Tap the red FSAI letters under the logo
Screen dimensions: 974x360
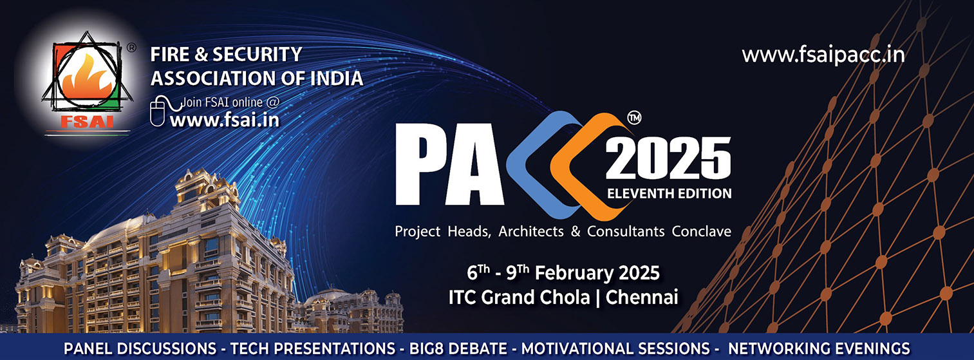(x=87, y=122)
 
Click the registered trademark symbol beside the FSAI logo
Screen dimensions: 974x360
(x=131, y=48)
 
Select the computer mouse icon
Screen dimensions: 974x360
(x=157, y=111)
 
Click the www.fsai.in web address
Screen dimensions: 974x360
(x=225, y=120)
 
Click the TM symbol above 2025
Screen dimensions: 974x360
(x=634, y=117)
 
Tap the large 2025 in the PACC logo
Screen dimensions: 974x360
(x=668, y=158)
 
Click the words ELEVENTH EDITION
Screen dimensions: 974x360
(x=670, y=193)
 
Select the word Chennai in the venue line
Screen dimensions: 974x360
(x=642, y=298)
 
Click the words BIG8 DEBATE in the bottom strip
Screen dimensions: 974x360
(x=458, y=348)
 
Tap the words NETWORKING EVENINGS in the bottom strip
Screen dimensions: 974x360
(x=819, y=348)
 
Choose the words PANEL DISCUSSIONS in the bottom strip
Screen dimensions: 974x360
(x=140, y=348)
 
